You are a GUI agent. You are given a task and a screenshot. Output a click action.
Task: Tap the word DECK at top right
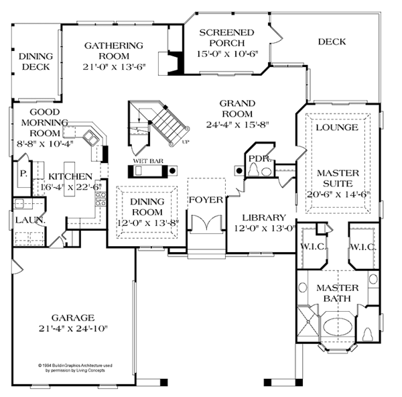click(x=332, y=42)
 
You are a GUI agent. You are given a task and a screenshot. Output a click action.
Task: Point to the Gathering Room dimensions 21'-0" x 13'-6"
click(x=113, y=67)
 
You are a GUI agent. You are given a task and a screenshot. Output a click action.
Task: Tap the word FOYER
click(x=200, y=199)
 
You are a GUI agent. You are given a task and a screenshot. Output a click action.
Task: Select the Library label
click(x=264, y=217)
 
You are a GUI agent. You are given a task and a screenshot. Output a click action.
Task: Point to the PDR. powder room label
click(x=258, y=158)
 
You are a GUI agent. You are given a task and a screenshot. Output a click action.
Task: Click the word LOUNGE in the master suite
click(x=336, y=127)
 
